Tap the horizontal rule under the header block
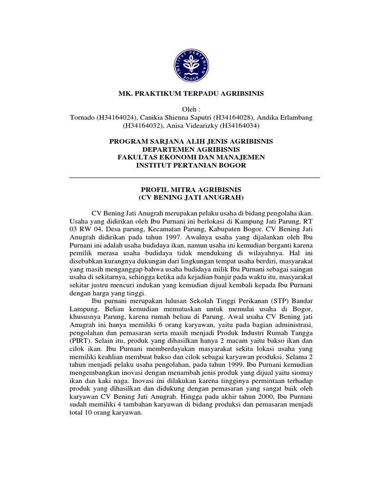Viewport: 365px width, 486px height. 195,178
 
